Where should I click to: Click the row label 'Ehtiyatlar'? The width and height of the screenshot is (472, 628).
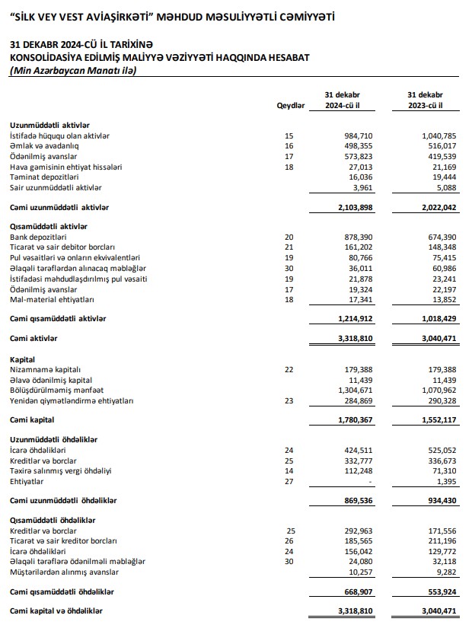click(27, 482)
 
